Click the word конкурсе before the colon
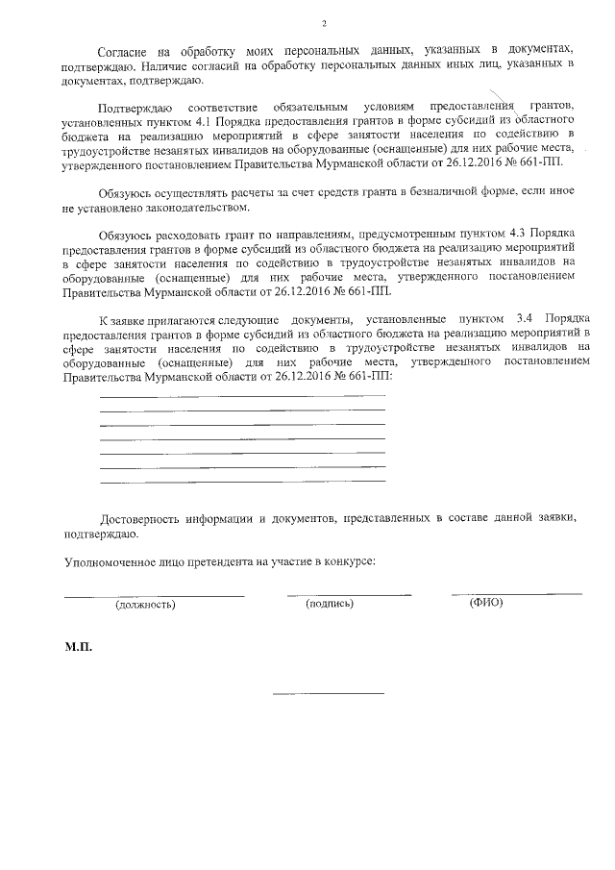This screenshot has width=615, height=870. click(x=347, y=560)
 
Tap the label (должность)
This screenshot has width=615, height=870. click(x=145, y=606)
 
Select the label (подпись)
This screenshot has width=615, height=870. click(x=330, y=604)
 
